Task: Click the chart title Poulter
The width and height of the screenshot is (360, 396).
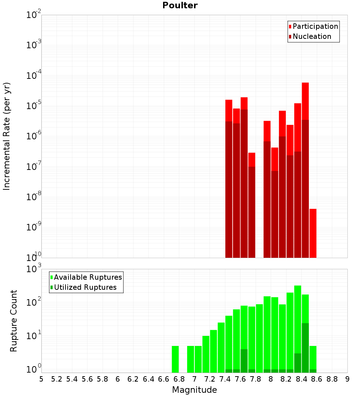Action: (180, 5)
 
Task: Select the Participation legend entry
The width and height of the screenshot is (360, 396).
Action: (313, 26)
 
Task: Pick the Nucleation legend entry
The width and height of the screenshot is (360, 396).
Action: (310, 36)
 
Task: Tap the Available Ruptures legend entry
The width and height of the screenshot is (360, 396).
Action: (86, 277)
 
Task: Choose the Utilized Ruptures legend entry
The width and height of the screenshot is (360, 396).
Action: (84, 287)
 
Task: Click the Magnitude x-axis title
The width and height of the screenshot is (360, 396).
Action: (194, 390)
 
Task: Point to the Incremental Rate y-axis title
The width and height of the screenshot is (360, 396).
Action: (6, 136)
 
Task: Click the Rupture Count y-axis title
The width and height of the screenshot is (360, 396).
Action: (13, 321)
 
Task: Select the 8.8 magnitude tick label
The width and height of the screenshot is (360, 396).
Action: (332, 379)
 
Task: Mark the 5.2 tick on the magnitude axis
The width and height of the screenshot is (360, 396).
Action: (57, 379)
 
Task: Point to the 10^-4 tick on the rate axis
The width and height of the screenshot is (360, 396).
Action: (33, 75)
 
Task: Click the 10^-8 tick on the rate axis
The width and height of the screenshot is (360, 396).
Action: (33, 196)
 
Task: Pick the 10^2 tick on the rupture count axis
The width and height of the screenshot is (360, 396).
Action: (34, 301)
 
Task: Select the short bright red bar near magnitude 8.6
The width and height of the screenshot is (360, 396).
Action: (313, 233)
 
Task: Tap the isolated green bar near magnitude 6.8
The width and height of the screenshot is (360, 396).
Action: (175, 359)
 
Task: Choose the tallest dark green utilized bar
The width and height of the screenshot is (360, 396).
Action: (305, 348)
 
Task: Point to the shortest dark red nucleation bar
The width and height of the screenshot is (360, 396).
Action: (275, 214)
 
